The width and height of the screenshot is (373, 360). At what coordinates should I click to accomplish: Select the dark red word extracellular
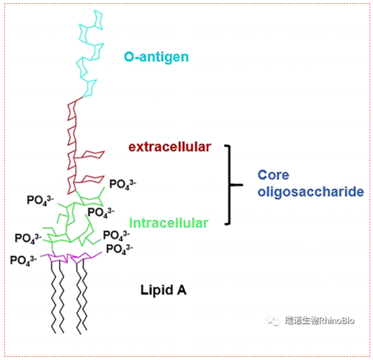[170, 147]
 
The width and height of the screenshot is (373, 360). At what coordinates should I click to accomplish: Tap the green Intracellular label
[169, 223]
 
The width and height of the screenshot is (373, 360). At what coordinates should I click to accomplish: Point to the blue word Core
[273, 175]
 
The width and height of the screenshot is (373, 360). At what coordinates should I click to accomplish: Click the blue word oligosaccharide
[310, 192]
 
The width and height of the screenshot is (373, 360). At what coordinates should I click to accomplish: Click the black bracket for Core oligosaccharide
[229, 184]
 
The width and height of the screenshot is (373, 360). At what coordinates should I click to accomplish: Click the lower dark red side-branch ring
[92, 179]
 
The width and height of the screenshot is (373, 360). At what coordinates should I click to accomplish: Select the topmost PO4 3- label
[123, 184]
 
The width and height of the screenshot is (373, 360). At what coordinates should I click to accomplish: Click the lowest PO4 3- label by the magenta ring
[23, 260]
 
